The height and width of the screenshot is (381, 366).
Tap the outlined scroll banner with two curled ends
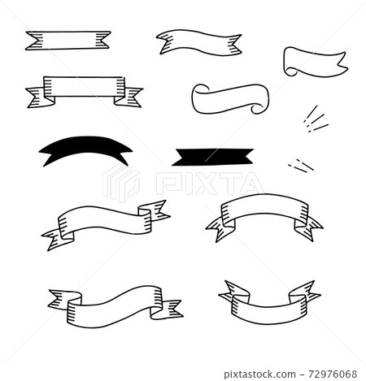pyautogui.click(x=229, y=97)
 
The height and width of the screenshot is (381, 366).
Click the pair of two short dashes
pyautogui.click(x=300, y=164)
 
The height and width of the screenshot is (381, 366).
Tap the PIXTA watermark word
pyautogui.click(x=208, y=185)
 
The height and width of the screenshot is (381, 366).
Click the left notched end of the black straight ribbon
pyautogui.click(x=179, y=154)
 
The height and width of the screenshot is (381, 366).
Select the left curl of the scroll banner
pyautogui.click(x=199, y=100)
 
